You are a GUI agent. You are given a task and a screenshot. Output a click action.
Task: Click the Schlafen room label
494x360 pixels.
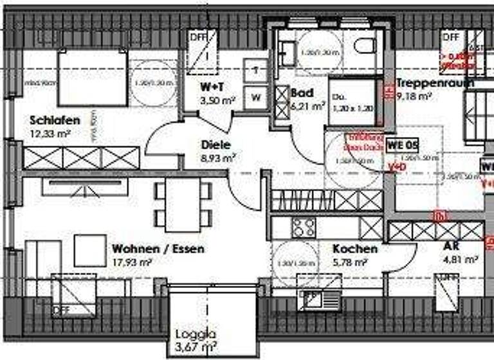coord(55,120)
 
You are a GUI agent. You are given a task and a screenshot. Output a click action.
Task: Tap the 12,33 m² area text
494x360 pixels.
coord(50,133)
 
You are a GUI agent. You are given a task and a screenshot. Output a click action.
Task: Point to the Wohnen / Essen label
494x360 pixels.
coord(158,249)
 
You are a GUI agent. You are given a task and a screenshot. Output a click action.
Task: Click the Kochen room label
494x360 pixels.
coord(354,249)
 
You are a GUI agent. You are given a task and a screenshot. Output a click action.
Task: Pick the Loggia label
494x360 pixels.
coord(195,335)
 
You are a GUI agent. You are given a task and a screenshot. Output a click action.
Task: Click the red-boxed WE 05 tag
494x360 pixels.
coord(402,145)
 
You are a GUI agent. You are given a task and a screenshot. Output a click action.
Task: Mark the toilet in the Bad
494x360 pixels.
coord(365,46)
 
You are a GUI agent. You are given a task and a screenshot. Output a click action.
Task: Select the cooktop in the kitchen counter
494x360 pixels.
coord(304,226)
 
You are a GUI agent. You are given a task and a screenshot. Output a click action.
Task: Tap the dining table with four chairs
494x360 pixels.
coord(183,204)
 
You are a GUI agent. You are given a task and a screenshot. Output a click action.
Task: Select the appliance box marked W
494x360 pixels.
coord(256,98)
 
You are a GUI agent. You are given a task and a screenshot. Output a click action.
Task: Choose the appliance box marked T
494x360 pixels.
coord(256,70)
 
